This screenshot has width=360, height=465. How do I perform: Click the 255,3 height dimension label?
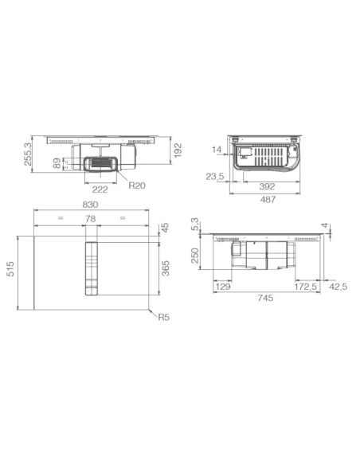[28, 154]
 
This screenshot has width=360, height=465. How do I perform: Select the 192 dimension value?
[178, 150]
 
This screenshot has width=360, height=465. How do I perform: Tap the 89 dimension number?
[57, 163]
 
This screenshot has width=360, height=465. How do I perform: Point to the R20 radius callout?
[137, 186]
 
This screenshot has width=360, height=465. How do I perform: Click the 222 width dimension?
[100, 190]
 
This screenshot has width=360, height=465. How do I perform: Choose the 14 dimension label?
[217, 150]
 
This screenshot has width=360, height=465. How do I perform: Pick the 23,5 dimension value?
[215, 177]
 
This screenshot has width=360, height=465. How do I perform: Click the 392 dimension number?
[267, 186]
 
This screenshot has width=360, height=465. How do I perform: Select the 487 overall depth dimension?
[268, 200]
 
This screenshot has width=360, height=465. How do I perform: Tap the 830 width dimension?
[90, 205]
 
